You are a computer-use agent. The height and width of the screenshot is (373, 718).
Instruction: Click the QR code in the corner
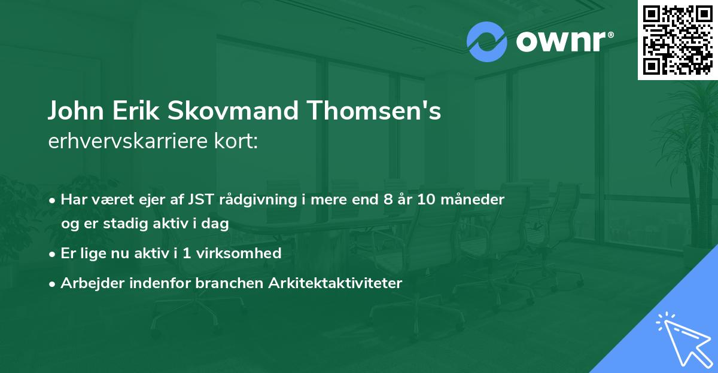678,40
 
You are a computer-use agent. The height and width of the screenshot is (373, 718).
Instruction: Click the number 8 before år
387,200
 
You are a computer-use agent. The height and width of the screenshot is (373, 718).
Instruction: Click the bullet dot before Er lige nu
53,253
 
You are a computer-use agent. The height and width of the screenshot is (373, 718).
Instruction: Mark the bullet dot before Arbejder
53,283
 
